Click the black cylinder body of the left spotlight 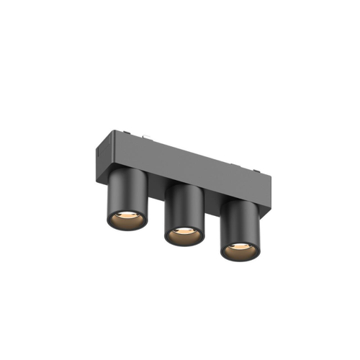click(127, 194)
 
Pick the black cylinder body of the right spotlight click(239, 225)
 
